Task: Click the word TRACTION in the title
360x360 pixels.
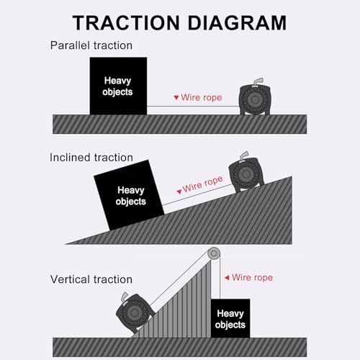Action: coord(126,23)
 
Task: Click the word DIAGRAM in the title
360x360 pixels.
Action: coord(237,23)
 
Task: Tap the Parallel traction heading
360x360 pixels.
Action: coord(91,45)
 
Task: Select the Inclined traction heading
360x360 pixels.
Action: coord(91,158)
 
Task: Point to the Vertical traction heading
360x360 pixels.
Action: coord(91,279)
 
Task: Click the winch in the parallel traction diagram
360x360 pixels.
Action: coord(255,96)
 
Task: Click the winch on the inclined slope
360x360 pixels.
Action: coord(246,172)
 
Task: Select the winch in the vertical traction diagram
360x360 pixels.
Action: coord(135,311)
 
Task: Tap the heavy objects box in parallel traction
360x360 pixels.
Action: coord(118,86)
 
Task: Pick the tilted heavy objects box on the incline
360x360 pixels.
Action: coord(129,195)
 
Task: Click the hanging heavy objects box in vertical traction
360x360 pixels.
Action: coord(230,318)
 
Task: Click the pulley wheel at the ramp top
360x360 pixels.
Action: coord(214,253)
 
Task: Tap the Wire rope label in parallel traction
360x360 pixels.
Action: coord(202,98)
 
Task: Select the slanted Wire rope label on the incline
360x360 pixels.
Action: coord(203,184)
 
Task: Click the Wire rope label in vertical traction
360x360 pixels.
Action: coord(252,278)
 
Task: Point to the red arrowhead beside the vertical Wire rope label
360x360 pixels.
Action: coord(227,278)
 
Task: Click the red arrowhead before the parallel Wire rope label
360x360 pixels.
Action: coord(176,97)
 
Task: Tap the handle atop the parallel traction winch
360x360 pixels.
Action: coord(258,81)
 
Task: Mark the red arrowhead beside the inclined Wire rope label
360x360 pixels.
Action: coord(179,192)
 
